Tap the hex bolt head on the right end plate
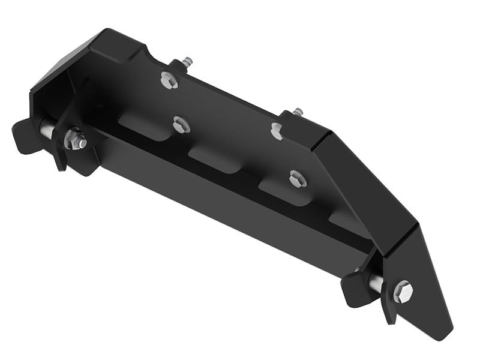pos(403,291)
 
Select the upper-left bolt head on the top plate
pos(169,80)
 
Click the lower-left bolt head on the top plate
pos(181,125)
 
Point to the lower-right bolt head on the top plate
pos(297,178)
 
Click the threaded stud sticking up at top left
pos(187,62)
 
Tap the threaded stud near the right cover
pos(298,112)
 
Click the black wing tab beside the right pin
pos(354,289)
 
